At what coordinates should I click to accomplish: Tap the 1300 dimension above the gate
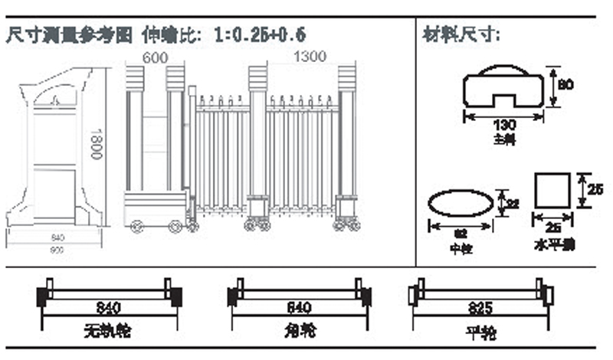click(309, 56)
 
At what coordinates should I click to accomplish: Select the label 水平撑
click(554, 245)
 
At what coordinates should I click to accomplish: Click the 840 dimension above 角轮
click(299, 308)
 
